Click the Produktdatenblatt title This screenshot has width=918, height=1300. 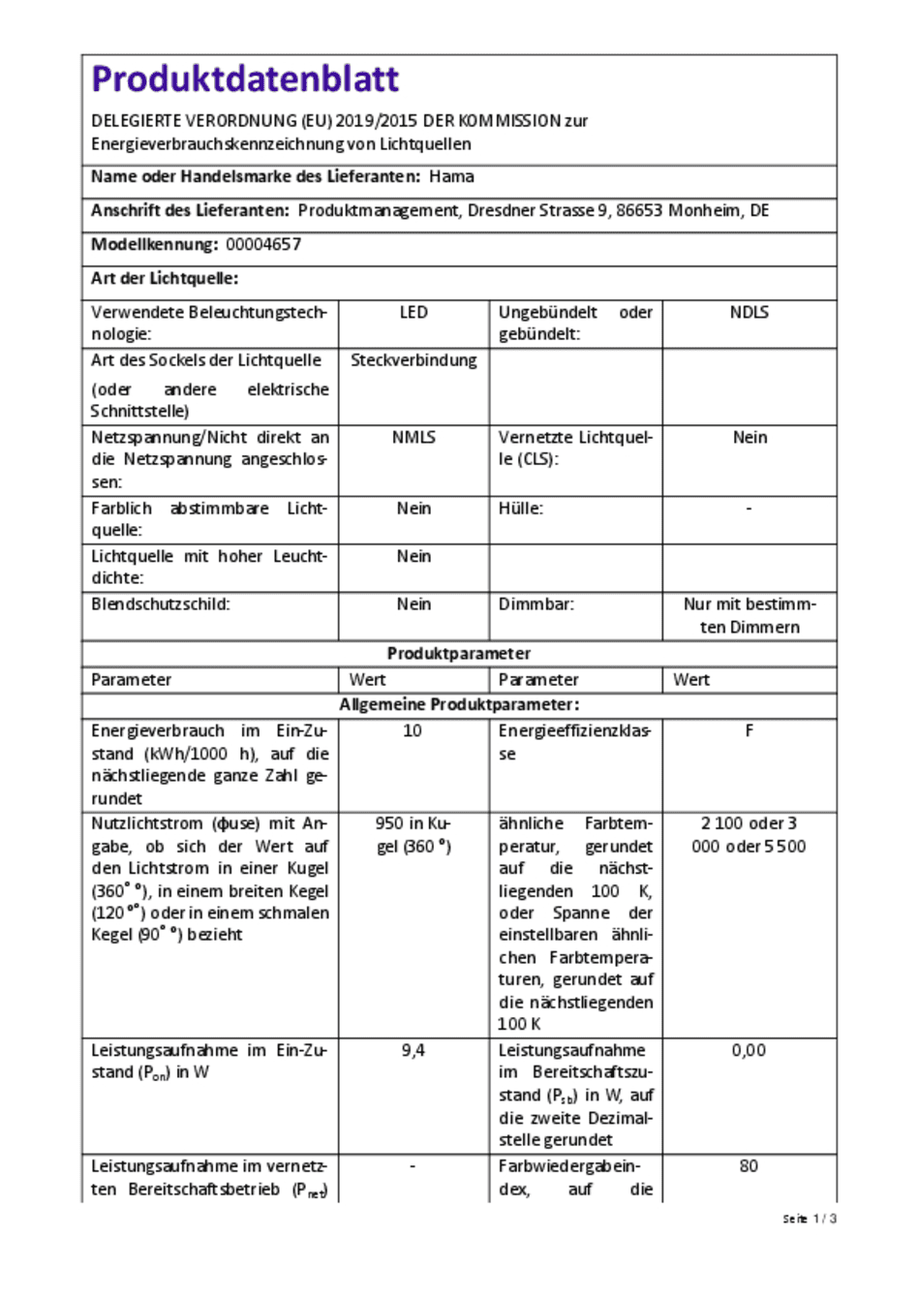click(245, 79)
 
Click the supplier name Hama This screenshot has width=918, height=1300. click(451, 176)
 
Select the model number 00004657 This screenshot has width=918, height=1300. click(263, 244)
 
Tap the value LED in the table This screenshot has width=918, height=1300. click(413, 312)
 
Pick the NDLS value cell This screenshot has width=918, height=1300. click(749, 312)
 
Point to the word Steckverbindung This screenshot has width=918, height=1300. click(413, 360)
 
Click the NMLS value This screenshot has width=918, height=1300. click(413, 437)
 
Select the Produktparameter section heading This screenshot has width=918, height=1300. click(459, 653)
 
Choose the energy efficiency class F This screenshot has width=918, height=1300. click(749, 730)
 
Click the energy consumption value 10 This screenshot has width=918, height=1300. click(413, 730)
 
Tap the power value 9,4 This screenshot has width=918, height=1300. click(413, 1050)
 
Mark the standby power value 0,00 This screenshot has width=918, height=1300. click(749, 1050)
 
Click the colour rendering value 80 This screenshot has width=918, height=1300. click(749, 1166)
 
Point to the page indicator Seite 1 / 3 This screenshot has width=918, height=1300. click(810, 1219)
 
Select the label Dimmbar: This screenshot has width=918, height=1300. click(535, 604)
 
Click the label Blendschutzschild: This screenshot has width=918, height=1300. click(161, 604)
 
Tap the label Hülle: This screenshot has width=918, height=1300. click(521, 509)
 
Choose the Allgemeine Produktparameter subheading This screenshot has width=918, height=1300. click(459, 704)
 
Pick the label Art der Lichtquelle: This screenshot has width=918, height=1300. click(165, 278)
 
